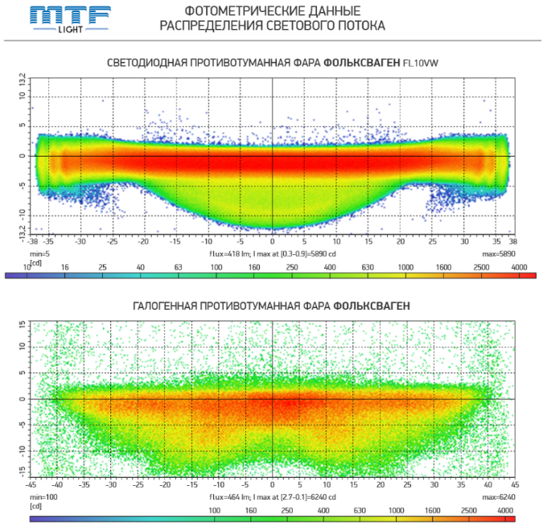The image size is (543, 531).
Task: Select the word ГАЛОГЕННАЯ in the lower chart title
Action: pyautogui.click(x=174, y=306)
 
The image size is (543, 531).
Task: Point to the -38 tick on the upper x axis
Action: pyautogui.click(x=32, y=241)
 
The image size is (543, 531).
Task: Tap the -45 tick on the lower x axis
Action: pyautogui.click(x=31, y=485)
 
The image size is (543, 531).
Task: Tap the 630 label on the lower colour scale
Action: pyautogui.click(x=359, y=511)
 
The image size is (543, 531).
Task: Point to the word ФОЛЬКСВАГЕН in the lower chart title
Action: pyautogui.click(x=372, y=306)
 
